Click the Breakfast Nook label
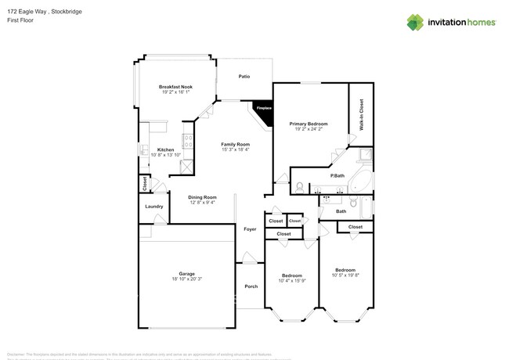[x=175, y=87]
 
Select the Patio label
[x=244, y=77]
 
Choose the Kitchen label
[x=165, y=149]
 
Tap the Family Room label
[x=235, y=144]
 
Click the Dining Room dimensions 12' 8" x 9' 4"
[x=203, y=203]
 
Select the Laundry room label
[x=154, y=207]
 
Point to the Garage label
[x=186, y=274]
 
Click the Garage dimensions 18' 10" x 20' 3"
[x=186, y=279]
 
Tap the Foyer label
[x=250, y=229]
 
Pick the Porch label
[x=251, y=286]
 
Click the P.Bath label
[x=338, y=176]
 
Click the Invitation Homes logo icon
[x=417, y=22]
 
